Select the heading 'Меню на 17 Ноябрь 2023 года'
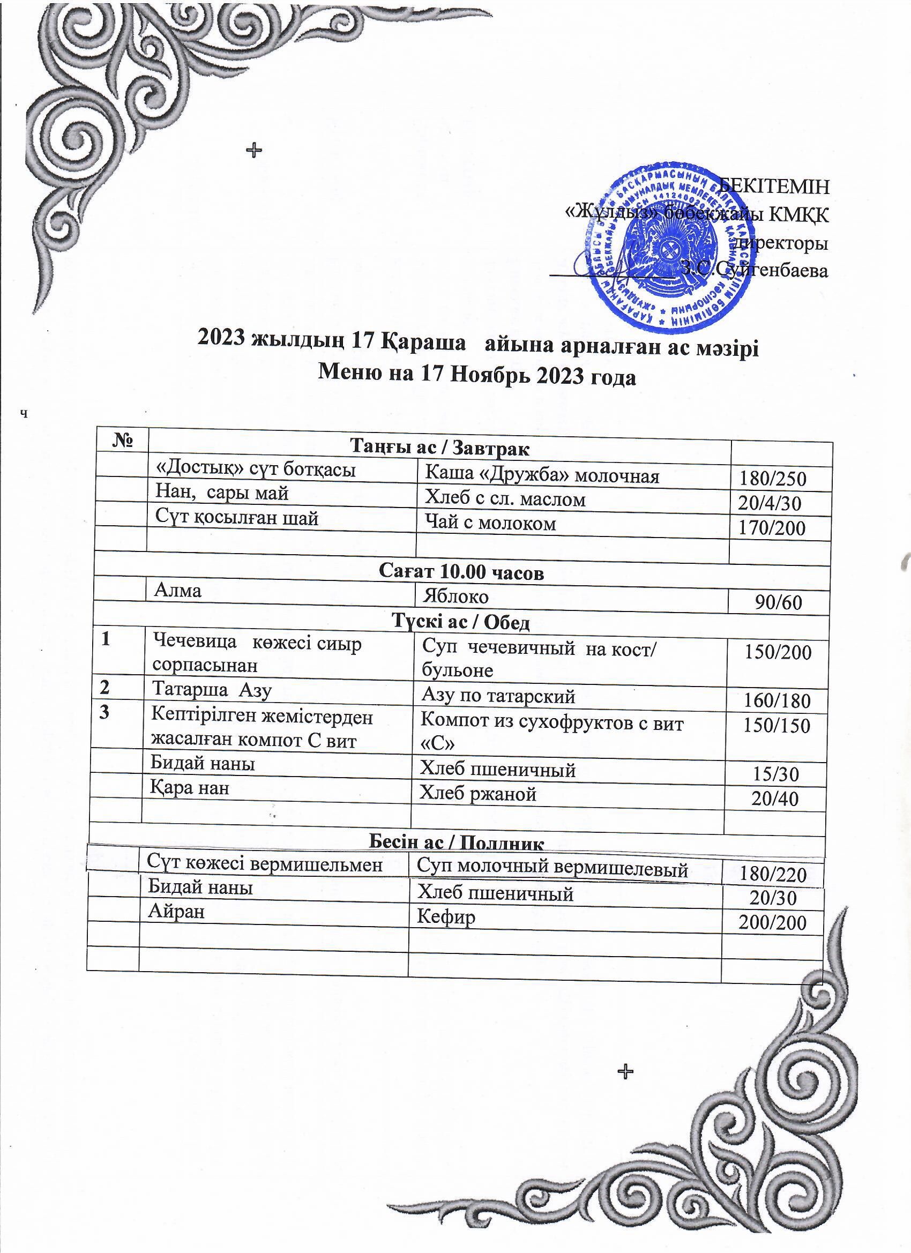pos(477,376)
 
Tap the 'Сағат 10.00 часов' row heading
pos(461,572)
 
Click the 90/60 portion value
pos(779,602)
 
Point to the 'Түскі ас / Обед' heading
pos(461,623)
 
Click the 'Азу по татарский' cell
pos(498,696)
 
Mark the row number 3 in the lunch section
pos(105,713)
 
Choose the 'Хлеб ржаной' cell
pos(478,794)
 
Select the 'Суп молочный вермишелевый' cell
pos(552,869)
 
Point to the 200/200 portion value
pos(772,923)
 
